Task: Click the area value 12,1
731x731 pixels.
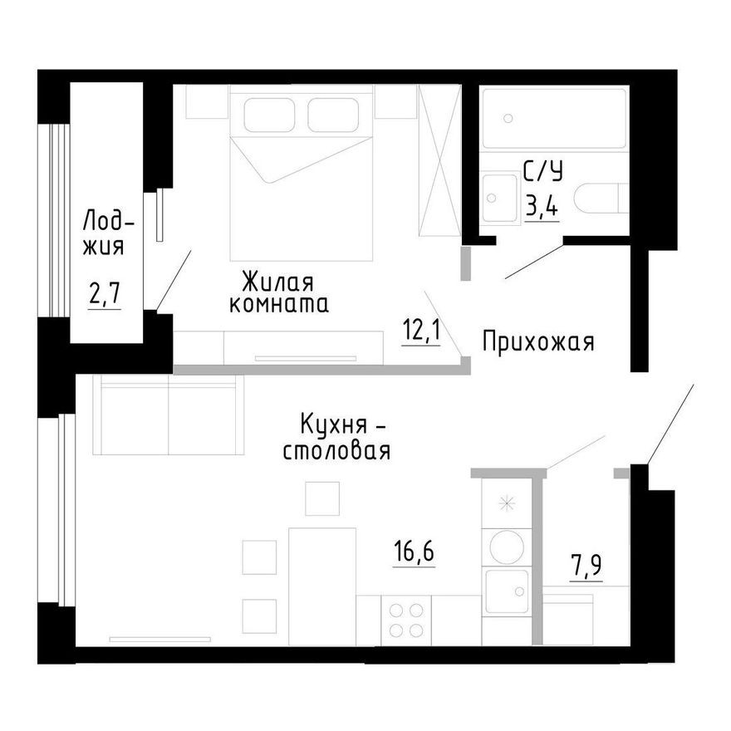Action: [x=420, y=332]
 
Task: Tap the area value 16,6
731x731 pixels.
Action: [x=414, y=550]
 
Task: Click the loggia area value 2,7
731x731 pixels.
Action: [x=105, y=293]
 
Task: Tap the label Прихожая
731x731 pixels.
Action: [x=538, y=341]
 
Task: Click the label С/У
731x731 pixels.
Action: [x=542, y=172]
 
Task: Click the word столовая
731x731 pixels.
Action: [x=336, y=453]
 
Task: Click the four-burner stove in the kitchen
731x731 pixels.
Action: [x=406, y=620]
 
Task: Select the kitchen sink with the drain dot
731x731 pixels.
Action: [x=507, y=591]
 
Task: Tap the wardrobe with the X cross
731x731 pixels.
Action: [x=439, y=159]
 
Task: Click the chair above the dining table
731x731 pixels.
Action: [x=322, y=498]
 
